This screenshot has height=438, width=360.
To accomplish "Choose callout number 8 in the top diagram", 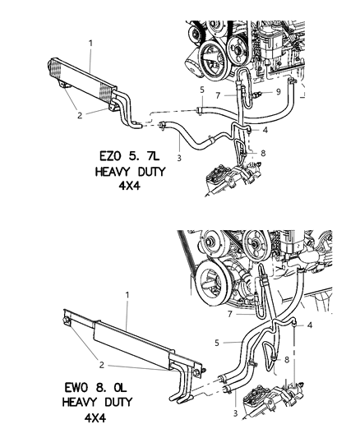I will coord(261,153).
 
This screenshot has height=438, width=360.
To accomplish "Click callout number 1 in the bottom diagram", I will coord(127,293).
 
